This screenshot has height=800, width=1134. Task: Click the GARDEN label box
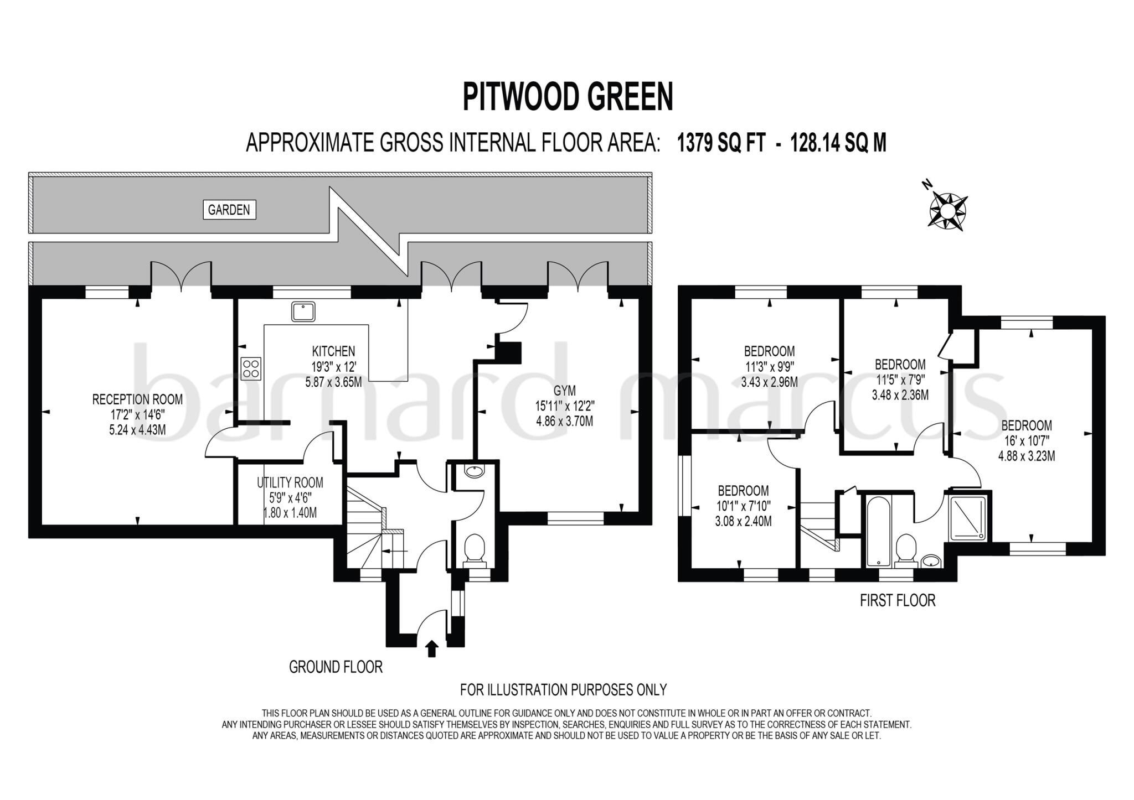(229, 210)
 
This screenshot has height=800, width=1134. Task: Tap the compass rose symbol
(947, 210)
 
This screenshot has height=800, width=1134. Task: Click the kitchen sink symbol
(303, 311)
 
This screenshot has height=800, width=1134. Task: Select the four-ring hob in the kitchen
(251, 368)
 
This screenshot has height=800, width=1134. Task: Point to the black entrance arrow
(432, 648)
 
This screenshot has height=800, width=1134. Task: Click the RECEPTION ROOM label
(137, 399)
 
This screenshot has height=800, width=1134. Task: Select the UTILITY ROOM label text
(290, 483)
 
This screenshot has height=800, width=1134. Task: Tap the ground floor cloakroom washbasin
(475, 471)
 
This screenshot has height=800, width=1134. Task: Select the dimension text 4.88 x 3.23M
(1026, 456)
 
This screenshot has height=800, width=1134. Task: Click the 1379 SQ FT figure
(721, 143)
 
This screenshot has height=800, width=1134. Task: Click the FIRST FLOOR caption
(897, 600)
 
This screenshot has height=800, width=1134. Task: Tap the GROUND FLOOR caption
(336, 667)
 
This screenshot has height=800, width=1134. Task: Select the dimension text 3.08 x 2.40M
(743, 521)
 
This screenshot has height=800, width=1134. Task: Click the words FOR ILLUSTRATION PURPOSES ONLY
(563, 690)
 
